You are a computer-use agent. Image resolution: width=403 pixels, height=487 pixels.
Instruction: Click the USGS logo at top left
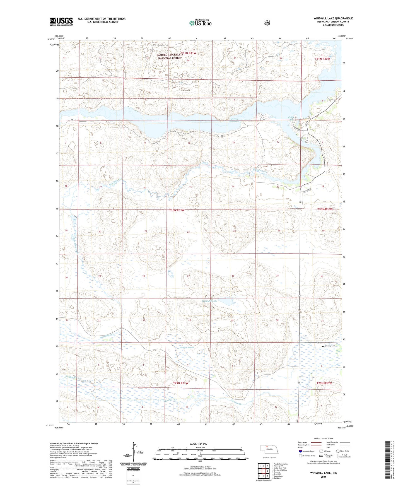pos(61,21)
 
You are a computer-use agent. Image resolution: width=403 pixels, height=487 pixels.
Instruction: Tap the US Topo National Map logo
pos(200,23)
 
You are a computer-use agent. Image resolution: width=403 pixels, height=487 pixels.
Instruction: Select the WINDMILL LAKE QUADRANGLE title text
pos(333,18)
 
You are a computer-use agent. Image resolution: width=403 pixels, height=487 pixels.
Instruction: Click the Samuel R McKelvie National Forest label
pos(169,57)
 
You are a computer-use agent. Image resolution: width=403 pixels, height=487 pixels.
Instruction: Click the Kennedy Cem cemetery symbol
pos(323,346)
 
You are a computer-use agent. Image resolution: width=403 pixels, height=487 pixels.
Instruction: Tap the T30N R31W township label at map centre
pos(177,210)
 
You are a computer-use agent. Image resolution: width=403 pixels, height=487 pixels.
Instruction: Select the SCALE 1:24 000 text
pos(198,443)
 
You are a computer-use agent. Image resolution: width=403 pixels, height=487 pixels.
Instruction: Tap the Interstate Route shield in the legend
pos(300,451)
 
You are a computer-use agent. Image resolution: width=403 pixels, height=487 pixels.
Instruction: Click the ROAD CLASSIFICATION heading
pos(323,438)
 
